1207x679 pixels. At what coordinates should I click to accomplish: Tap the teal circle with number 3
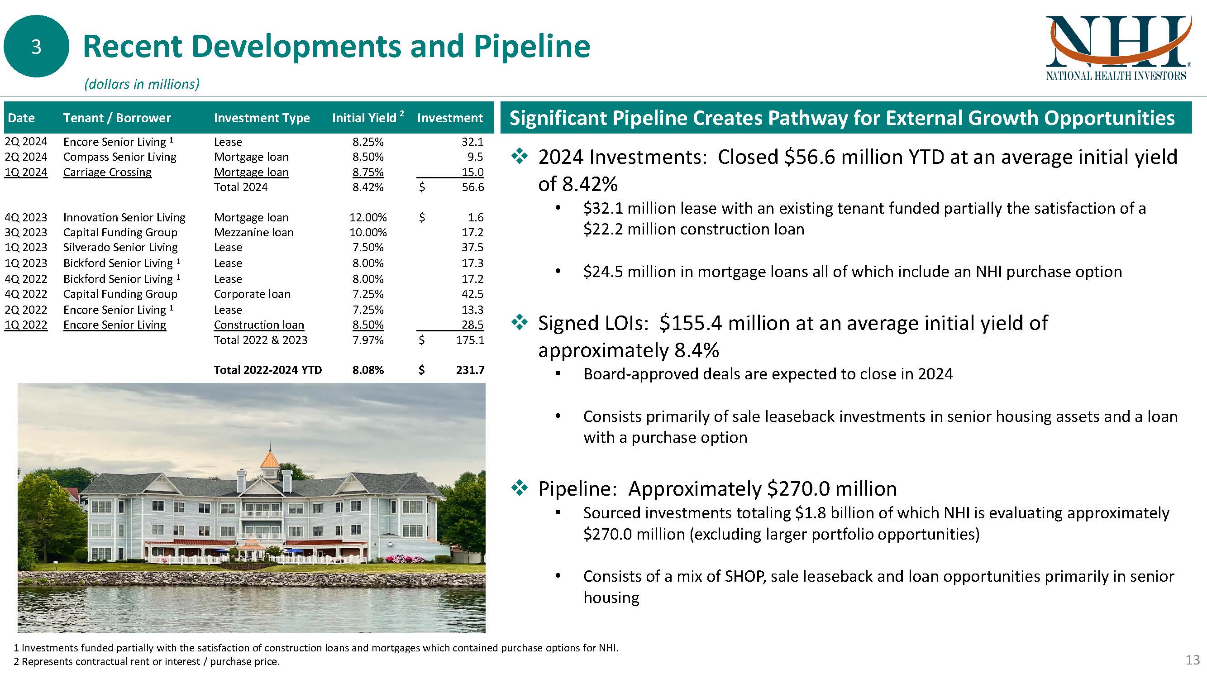[x=36, y=46]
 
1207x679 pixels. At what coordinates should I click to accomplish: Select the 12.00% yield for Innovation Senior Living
[x=368, y=217]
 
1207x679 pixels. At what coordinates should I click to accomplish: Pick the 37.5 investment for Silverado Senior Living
[x=472, y=248]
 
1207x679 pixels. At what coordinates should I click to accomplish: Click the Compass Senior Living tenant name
[x=119, y=157]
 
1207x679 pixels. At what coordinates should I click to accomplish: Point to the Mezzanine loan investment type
[x=253, y=232]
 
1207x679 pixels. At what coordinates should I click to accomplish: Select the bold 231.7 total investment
[x=470, y=370]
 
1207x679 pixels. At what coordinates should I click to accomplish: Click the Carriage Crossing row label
[x=107, y=172]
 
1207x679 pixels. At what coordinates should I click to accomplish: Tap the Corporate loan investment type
[x=252, y=294]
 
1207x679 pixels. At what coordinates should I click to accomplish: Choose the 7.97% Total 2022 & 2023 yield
[x=368, y=340]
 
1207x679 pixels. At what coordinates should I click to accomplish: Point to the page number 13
[x=1193, y=660]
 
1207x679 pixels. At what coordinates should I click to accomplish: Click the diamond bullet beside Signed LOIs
[x=519, y=322]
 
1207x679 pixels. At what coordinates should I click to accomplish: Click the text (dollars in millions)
[x=142, y=84]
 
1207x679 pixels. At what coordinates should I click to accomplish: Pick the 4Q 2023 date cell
[x=26, y=217]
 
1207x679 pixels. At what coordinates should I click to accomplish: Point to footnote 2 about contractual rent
[x=147, y=662]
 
